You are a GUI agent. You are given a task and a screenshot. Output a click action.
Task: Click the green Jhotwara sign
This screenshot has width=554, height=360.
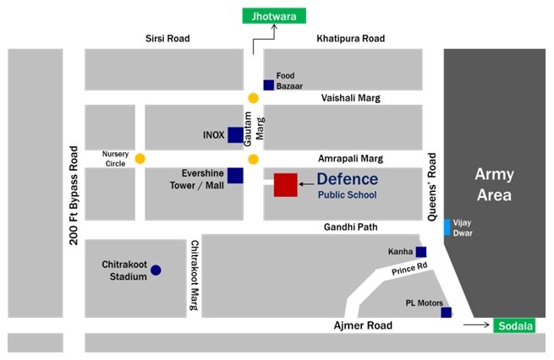click(x=275, y=14)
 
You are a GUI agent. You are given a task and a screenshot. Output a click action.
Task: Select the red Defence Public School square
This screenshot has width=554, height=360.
click(x=286, y=184)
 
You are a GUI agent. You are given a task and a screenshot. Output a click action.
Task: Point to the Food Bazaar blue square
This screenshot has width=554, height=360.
click(x=269, y=85)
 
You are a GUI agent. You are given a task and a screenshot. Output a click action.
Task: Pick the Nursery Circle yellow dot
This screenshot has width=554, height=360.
click(x=140, y=158)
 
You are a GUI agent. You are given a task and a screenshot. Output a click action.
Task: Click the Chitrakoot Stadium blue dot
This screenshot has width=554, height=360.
click(x=156, y=270)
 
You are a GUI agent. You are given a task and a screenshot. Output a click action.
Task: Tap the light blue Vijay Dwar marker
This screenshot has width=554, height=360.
click(x=447, y=227)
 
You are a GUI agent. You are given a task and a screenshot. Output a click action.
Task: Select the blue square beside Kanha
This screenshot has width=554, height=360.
click(x=421, y=252)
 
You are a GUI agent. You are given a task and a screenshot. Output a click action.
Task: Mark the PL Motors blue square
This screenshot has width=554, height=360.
click(x=447, y=312)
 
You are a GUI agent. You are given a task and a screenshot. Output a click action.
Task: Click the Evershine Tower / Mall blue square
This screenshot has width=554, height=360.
click(x=236, y=175)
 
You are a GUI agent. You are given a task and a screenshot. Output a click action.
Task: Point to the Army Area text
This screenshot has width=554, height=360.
click(x=494, y=184)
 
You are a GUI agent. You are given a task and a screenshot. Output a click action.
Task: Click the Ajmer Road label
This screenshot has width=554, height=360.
click(x=361, y=325)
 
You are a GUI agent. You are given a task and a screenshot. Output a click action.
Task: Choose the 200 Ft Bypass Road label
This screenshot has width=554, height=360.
click(x=74, y=195)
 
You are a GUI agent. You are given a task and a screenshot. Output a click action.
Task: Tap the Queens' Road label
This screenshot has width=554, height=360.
click(x=431, y=188)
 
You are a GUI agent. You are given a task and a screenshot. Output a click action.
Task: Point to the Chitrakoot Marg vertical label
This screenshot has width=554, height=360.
click(x=195, y=275)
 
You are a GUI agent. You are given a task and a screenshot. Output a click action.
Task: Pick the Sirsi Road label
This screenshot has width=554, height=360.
click(x=168, y=39)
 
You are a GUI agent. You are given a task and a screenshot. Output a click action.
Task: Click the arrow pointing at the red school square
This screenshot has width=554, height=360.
click(x=305, y=184)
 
